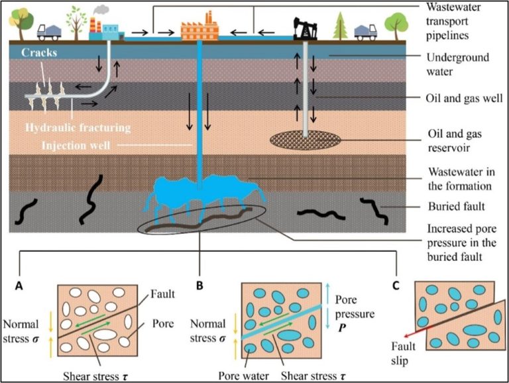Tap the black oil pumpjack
[x=305, y=29]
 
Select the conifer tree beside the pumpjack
[x=340, y=26]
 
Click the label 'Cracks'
[x=39, y=52]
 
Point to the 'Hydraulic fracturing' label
[x=78, y=128]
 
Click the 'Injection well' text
[x=76, y=145]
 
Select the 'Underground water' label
[x=458, y=64]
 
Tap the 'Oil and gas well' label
[x=464, y=98]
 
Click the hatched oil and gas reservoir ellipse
[x=306, y=140]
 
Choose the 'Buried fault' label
[x=457, y=207]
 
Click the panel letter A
[x=19, y=286]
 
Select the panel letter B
[x=199, y=286]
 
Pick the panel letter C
[x=396, y=286]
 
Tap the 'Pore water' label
[x=243, y=376]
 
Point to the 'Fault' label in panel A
[x=162, y=294]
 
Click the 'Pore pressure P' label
[x=355, y=313]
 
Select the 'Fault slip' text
[x=403, y=353]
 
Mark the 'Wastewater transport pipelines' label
[x=453, y=21]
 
